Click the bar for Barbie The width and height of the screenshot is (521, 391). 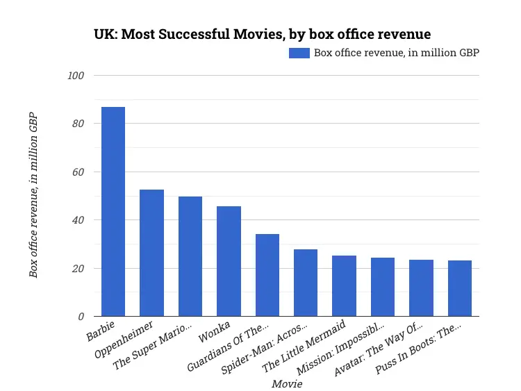(113, 212)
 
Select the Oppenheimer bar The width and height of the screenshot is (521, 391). (151, 253)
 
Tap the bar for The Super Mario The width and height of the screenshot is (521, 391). (190, 256)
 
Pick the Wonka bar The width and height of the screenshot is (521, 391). (229, 261)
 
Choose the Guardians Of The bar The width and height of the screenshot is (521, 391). (267, 275)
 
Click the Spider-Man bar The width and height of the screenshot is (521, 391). (306, 283)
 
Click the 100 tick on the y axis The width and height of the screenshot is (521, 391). (75, 75)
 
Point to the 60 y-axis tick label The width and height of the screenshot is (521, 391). (78, 172)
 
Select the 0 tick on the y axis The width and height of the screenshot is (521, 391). (81, 317)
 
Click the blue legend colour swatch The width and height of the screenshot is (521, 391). (299, 53)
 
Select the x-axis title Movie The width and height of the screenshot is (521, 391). (286, 383)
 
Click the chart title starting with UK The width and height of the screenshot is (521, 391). (262, 33)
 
